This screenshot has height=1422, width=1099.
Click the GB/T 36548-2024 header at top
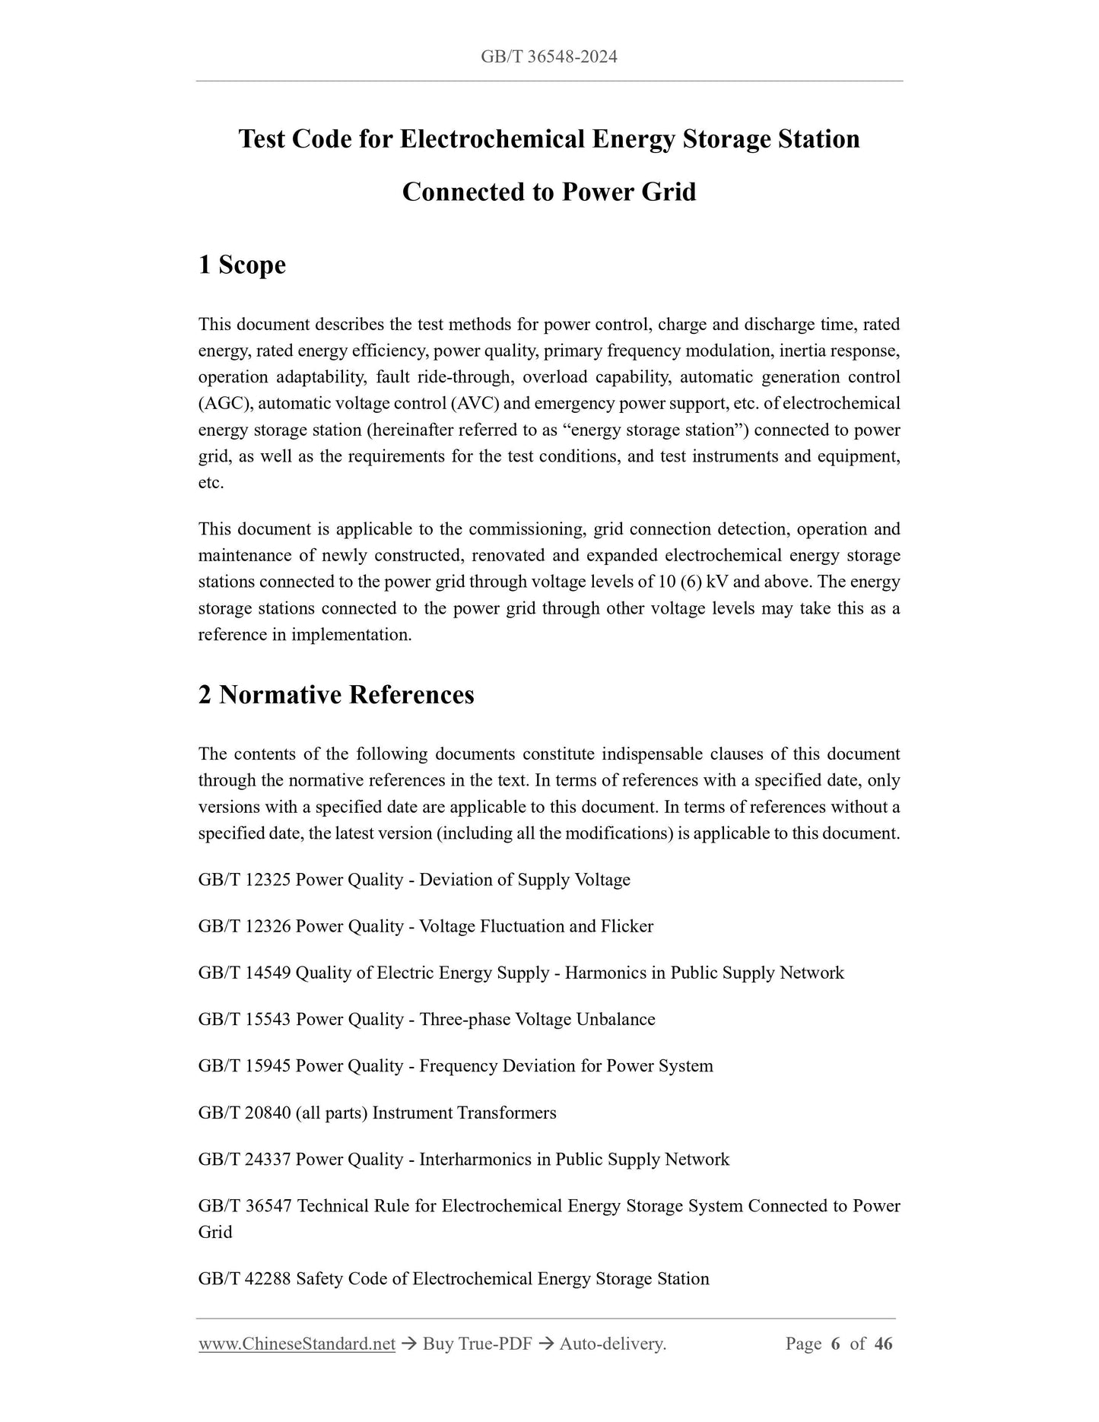548,56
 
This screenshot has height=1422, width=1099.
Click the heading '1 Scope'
242,265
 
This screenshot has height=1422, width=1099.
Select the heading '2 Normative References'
335,694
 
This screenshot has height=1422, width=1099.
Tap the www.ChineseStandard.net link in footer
297,1344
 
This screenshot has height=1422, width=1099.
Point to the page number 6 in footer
835,1344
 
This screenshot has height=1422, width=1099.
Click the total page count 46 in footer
883,1344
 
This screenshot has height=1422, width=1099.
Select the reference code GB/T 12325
244,880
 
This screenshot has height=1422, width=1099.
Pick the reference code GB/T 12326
244,926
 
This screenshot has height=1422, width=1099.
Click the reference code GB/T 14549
244,973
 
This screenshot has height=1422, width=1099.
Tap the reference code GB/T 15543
244,1019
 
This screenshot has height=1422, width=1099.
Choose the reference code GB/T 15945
244,1065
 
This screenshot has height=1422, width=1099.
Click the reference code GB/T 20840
244,1113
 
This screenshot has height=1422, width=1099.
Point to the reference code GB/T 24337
244,1159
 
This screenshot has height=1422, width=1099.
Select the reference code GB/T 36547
244,1205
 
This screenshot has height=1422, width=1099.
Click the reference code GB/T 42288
244,1278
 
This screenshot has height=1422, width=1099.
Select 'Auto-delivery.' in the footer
612,1344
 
